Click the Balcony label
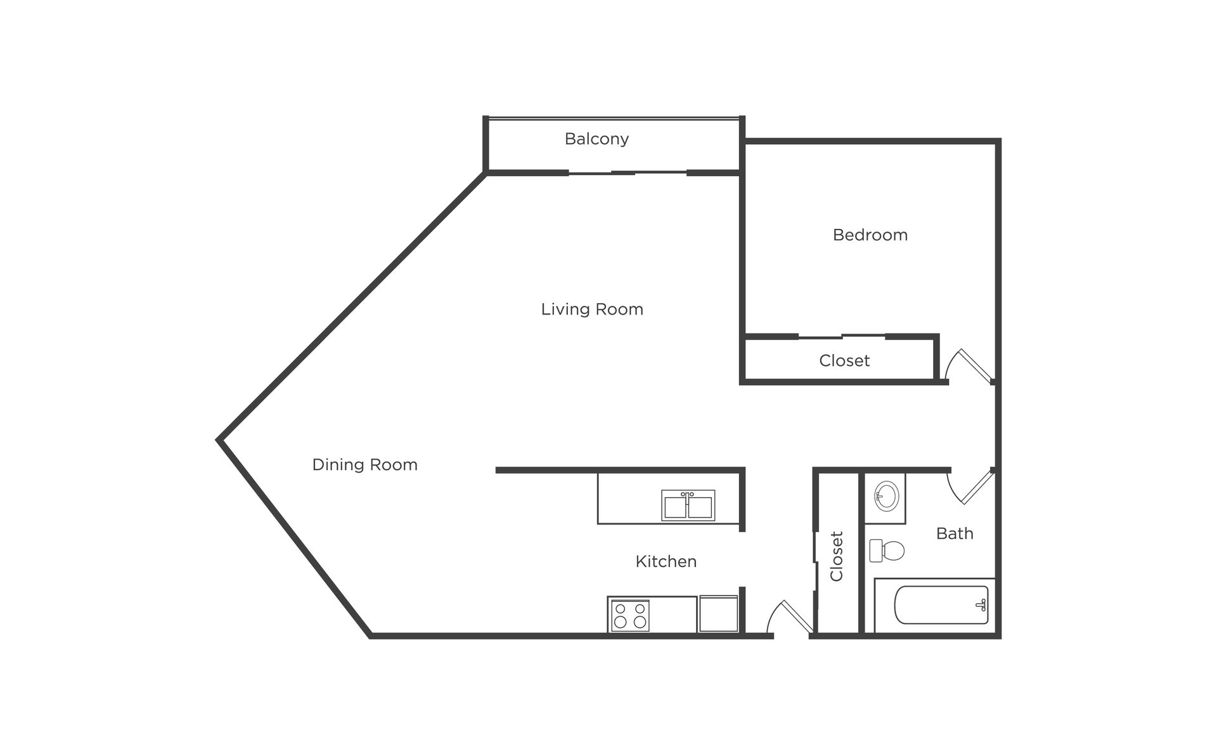(596, 139)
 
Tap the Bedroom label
(870, 235)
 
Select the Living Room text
(592, 310)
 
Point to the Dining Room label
(365, 465)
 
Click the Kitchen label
(666, 561)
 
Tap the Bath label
(955, 533)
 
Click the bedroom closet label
(844, 361)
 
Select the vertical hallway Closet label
(837, 556)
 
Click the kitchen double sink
(688, 505)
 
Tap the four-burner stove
(629, 615)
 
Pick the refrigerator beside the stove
(718, 614)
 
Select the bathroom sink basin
(886, 495)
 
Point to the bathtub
(941, 605)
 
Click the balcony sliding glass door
(628, 173)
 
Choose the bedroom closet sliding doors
(842, 336)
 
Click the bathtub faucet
(982, 605)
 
